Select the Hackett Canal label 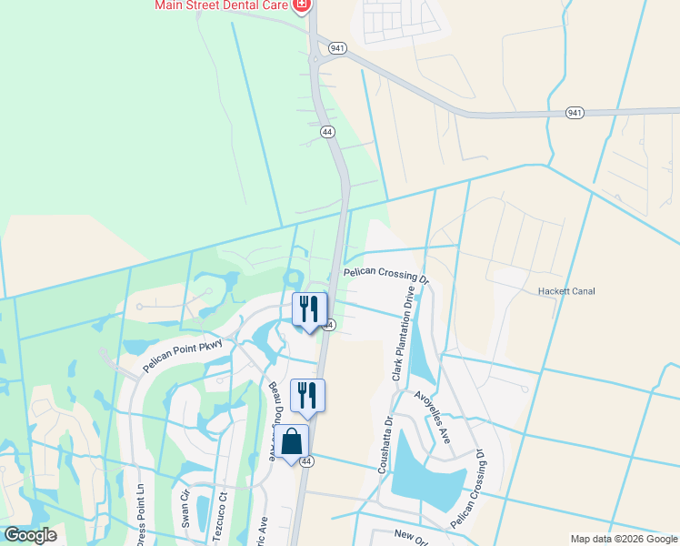(565, 291)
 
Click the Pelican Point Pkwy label (182, 351)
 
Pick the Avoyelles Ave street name (433, 418)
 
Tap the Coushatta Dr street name (385, 445)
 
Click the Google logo (30, 535)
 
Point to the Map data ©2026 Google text (623, 539)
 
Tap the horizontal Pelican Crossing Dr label (385, 273)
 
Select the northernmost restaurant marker (309, 308)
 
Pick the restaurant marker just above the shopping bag (306, 395)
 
